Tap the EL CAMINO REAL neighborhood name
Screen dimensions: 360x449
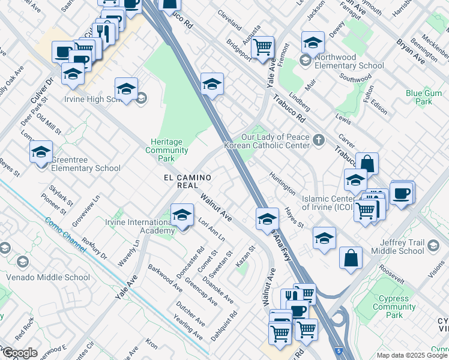coord(188,182)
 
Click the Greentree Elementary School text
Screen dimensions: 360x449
coord(85,164)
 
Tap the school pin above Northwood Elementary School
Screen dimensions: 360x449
coord(313,43)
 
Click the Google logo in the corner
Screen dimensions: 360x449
coord(19,353)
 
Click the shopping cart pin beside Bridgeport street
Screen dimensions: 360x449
coord(262,47)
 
